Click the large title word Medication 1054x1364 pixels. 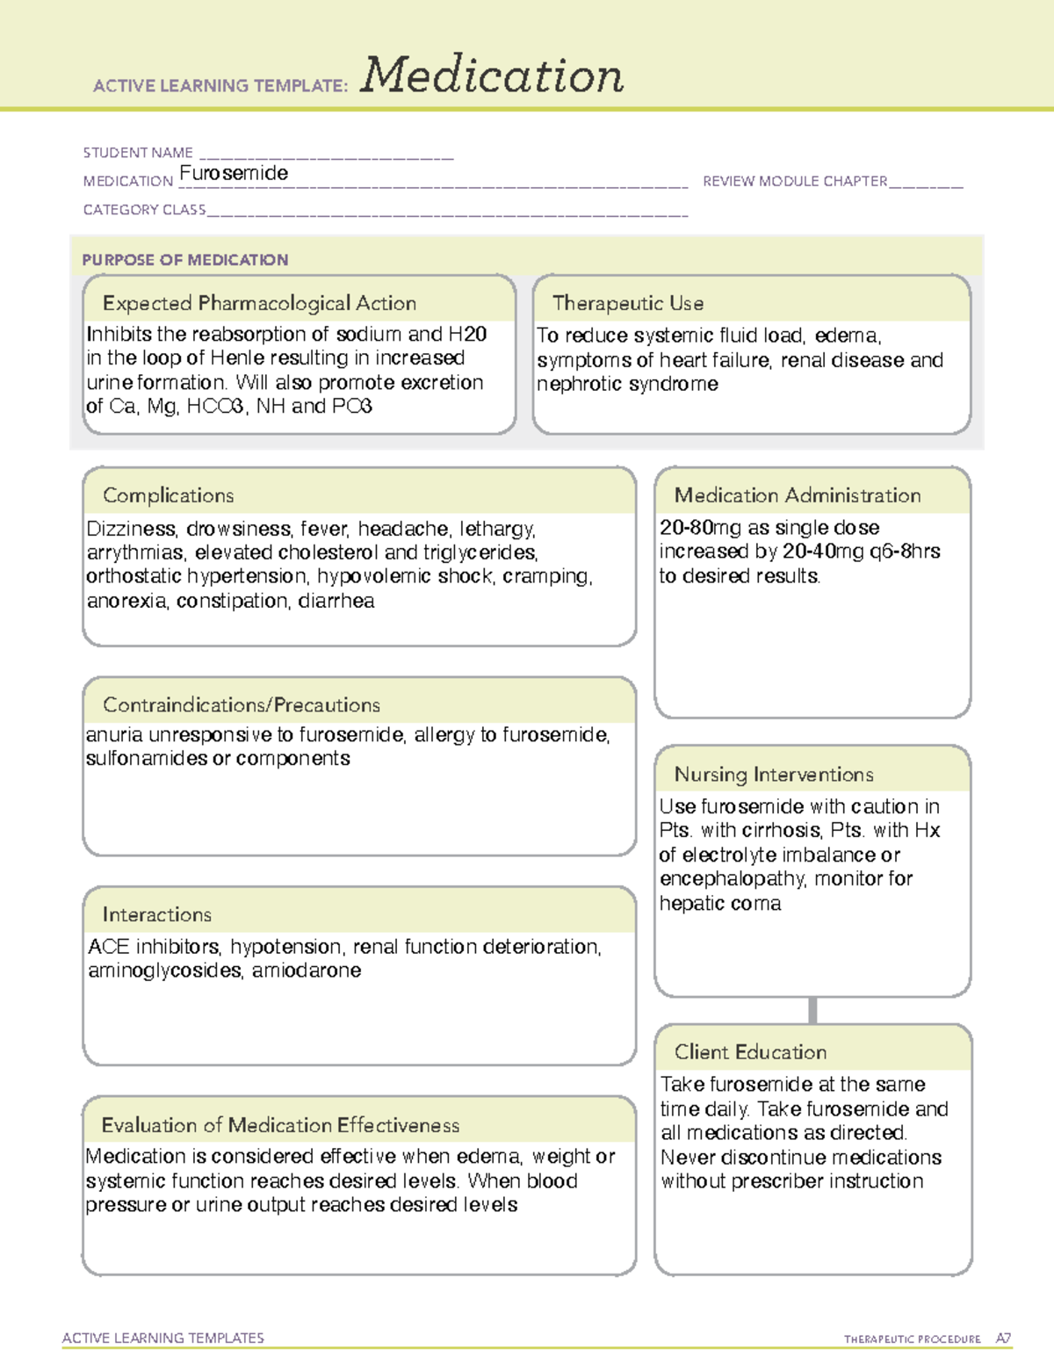[492, 76]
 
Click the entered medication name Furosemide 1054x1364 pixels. [234, 173]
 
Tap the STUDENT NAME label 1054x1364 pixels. [138, 153]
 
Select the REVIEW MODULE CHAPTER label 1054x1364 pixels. [795, 181]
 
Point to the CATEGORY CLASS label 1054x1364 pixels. [144, 210]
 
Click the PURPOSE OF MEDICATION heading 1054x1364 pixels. [185, 260]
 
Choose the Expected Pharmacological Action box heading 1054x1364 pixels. [259, 303]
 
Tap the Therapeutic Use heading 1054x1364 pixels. [628, 303]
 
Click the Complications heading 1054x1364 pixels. [169, 495]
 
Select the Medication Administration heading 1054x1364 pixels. [798, 495]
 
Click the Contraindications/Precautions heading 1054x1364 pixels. [242, 704]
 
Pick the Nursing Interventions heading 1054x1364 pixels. [774, 774]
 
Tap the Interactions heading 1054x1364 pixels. [157, 914]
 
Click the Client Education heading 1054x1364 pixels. [751, 1052]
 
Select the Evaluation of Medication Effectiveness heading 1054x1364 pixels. [280, 1125]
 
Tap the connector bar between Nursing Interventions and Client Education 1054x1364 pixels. [812, 1010]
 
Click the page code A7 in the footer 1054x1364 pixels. [1003, 1339]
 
